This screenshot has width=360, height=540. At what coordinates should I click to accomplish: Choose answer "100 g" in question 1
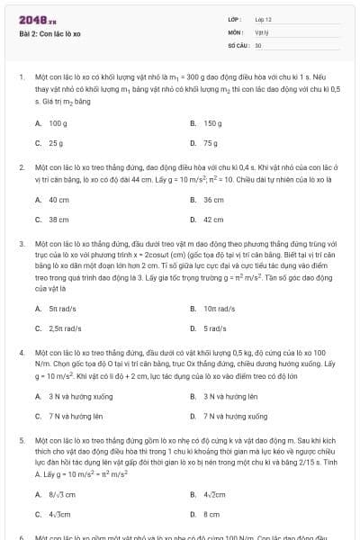(x=58, y=122)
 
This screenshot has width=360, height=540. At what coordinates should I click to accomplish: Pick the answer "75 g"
(x=211, y=142)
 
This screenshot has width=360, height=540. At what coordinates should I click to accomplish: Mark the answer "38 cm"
(x=58, y=219)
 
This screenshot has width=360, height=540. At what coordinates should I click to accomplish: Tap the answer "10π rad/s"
(x=219, y=308)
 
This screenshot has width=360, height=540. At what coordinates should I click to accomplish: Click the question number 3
(x=22, y=244)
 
